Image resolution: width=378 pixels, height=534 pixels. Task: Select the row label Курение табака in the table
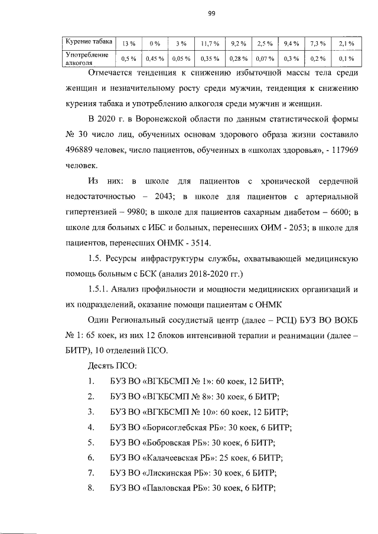point(88,42)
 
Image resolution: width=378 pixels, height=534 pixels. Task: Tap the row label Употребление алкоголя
point(87,58)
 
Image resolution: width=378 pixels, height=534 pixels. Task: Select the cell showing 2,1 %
point(346,44)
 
